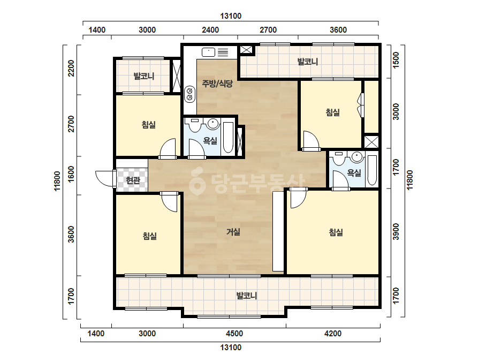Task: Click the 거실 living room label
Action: pos(233,232)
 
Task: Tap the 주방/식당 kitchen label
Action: pos(217,84)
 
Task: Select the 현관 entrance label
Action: pos(133,180)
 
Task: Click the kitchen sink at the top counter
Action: pos(208,52)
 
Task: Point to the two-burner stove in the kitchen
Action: pos(189,94)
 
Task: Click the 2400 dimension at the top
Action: pos(210,30)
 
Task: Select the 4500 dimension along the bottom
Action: pos(234,334)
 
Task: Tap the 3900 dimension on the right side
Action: pos(396,232)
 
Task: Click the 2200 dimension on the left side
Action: pos(72,68)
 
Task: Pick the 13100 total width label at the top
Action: pos(231,16)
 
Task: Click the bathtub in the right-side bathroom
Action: pos(372,170)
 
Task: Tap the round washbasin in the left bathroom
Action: pos(214,124)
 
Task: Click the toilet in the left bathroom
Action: pos(195,125)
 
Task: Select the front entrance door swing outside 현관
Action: pos(105,178)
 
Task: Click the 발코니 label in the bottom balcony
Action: pos(247,296)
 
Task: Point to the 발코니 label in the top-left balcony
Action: pos(143,76)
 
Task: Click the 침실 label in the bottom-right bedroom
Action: pos(336,232)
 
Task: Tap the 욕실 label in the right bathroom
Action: pos(354,173)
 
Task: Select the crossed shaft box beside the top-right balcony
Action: pos(246,50)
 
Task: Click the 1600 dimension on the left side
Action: pos(72,174)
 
